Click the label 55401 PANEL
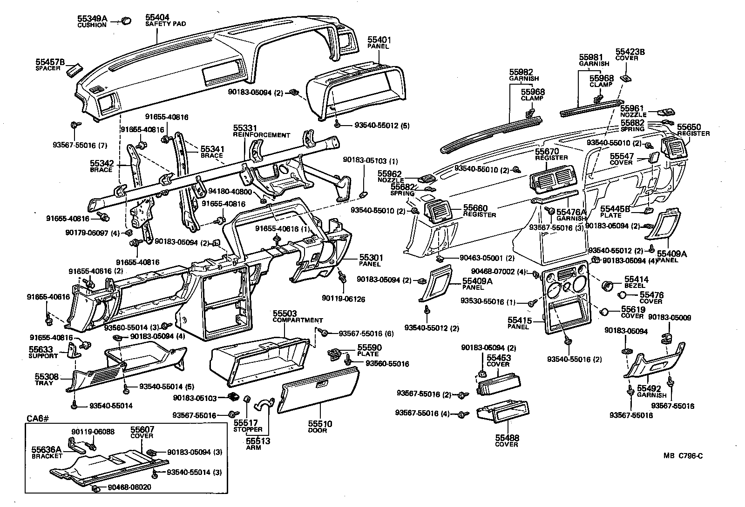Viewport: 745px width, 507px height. (x=379, y=40)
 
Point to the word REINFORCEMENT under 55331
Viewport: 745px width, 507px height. (x=261, y=135)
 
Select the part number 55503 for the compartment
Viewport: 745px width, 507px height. (x=285, y=314)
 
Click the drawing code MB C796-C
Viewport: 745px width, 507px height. (x=683, y=456)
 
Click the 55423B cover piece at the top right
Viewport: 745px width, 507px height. (x=626, y=77)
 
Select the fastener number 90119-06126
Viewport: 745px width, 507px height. (x=343, y=299)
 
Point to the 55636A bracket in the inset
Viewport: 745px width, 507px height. (x=77, y=445)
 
